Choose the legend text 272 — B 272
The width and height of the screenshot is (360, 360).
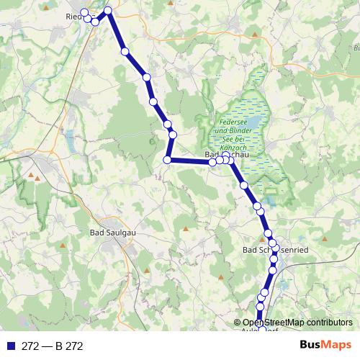click(x=53, y=346)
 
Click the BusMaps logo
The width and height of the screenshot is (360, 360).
click(x=325, y=346)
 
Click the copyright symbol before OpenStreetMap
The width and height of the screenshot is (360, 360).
click(x=238, y=322)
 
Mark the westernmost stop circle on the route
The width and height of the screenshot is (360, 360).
click(x=84, y=13)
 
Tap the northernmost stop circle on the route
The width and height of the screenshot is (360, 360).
click(x=109, y=10)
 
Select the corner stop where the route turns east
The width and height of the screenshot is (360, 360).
click(x=167, y=160)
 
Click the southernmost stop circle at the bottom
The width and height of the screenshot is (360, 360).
click(x=260, y=315)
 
